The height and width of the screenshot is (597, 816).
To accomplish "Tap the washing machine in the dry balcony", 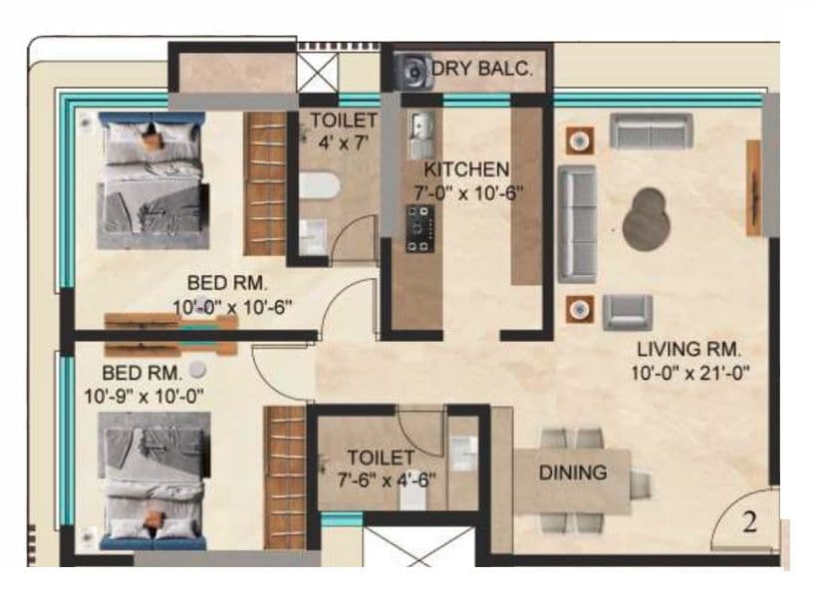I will pyautogui.click(x=411, y=72).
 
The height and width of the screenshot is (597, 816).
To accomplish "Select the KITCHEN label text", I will pyautogui.click(x=466, y=168).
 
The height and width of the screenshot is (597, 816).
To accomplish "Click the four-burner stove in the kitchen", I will pyautogui.click(x=419, y=227).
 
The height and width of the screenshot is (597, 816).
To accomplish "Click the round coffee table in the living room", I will pyautogui.click(x=648, y=218).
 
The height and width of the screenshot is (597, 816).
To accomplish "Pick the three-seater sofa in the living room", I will pyautogui.click(x=577, y=223).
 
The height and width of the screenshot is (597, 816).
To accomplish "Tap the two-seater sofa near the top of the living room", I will pyautogui.click(x=651, y=131).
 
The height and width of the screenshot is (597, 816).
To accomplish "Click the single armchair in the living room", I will pyautogui.click(x=628, y=311).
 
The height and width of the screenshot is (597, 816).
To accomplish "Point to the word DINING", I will pyautogui.click(x=573, y=472).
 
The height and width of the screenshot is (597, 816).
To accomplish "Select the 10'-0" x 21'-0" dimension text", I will pyautogui.click(x=689, y=373).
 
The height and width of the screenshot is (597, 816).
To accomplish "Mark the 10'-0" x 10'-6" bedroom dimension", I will pyautogui.click(x=231, y=307).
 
